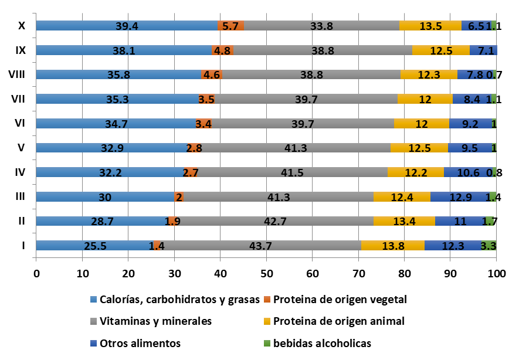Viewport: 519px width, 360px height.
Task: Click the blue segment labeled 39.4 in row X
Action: click(127, 26)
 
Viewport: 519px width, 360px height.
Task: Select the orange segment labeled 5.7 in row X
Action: click(230, 26)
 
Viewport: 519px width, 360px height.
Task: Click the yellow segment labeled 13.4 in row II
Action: click(404, 221)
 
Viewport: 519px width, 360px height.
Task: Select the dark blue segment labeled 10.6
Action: click(468, 172)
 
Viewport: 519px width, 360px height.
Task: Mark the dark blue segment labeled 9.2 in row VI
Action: click(470, 124)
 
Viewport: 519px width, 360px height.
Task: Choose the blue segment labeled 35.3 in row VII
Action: click(117, 99)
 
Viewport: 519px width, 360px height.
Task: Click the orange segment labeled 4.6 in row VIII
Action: click(212, 74)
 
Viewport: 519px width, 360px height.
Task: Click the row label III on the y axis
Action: click(21, 197)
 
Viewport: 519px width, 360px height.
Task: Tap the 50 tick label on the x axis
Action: click(266, 273)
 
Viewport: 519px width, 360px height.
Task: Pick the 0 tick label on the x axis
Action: click(36, 273)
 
